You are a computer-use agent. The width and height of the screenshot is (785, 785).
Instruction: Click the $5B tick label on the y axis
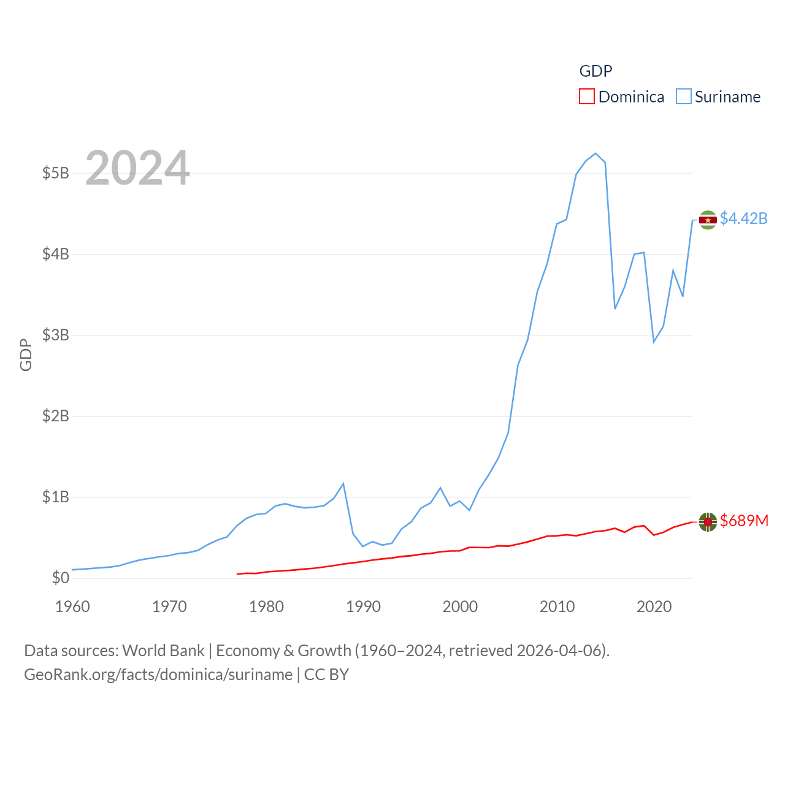(x=55, y=173)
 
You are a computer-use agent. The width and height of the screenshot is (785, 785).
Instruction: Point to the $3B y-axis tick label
(x=55, y=335)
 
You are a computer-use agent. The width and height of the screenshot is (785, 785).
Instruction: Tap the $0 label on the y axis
(x=60, y=578)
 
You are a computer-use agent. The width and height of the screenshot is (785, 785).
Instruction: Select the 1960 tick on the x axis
(x=72, y=607)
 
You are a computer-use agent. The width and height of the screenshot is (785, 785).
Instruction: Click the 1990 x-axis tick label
(x=363, y=607)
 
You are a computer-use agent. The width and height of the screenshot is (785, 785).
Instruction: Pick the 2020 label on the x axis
(x=654, y=607)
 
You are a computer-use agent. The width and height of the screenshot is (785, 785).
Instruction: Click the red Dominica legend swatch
(x=587, y=97)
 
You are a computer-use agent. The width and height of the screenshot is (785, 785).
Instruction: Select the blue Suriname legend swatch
(x=683, y=97)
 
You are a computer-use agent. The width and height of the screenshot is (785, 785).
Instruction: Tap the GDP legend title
(x=595, y=71)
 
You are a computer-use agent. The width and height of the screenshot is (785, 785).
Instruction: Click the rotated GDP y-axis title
(x=26, y=354)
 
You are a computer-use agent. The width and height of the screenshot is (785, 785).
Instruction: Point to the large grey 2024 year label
(x=137, y=168)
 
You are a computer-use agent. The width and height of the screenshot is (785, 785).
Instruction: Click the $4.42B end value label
(x=743, y=218)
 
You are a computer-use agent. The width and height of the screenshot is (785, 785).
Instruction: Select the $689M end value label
(x=744, y=521)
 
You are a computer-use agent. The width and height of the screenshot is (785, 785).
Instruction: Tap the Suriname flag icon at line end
(x=708, y=220)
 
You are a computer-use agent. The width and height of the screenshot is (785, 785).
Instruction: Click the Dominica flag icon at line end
(x=708, y=522)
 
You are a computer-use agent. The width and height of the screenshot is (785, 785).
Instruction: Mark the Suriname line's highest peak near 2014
(x=595, y=153)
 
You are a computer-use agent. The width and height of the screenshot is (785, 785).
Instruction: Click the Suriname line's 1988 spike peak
(x=343, y=484)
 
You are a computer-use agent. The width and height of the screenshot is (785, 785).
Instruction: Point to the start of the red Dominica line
(x=237, y=574)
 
